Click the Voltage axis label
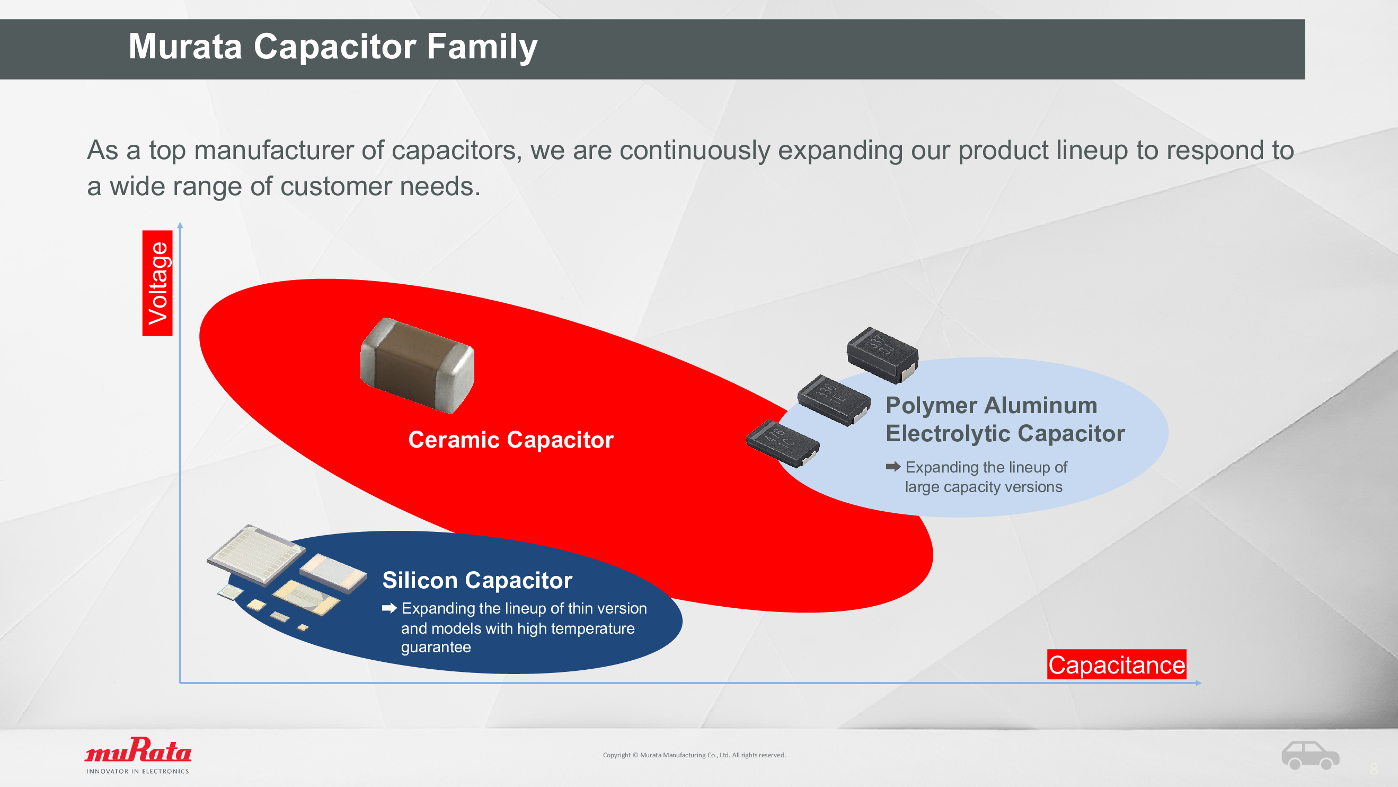point(157,283)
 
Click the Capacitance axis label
point(1117,664)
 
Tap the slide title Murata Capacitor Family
point(333,47)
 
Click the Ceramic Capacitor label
point(511,440)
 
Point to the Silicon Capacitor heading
point(477,580)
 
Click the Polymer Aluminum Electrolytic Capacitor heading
point(1005,419)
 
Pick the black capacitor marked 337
point(882,355)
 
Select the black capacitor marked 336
point(834,400)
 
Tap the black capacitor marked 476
point(783,443)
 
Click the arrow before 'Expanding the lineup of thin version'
point(389,608)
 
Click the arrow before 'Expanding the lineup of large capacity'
point(893,467)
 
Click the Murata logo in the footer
point(138,755)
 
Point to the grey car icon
point(1310,755)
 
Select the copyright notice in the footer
point(694,755)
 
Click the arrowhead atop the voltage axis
point(180,225)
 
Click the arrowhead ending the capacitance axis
point(1198,683)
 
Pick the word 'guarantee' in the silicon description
point(436,648)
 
